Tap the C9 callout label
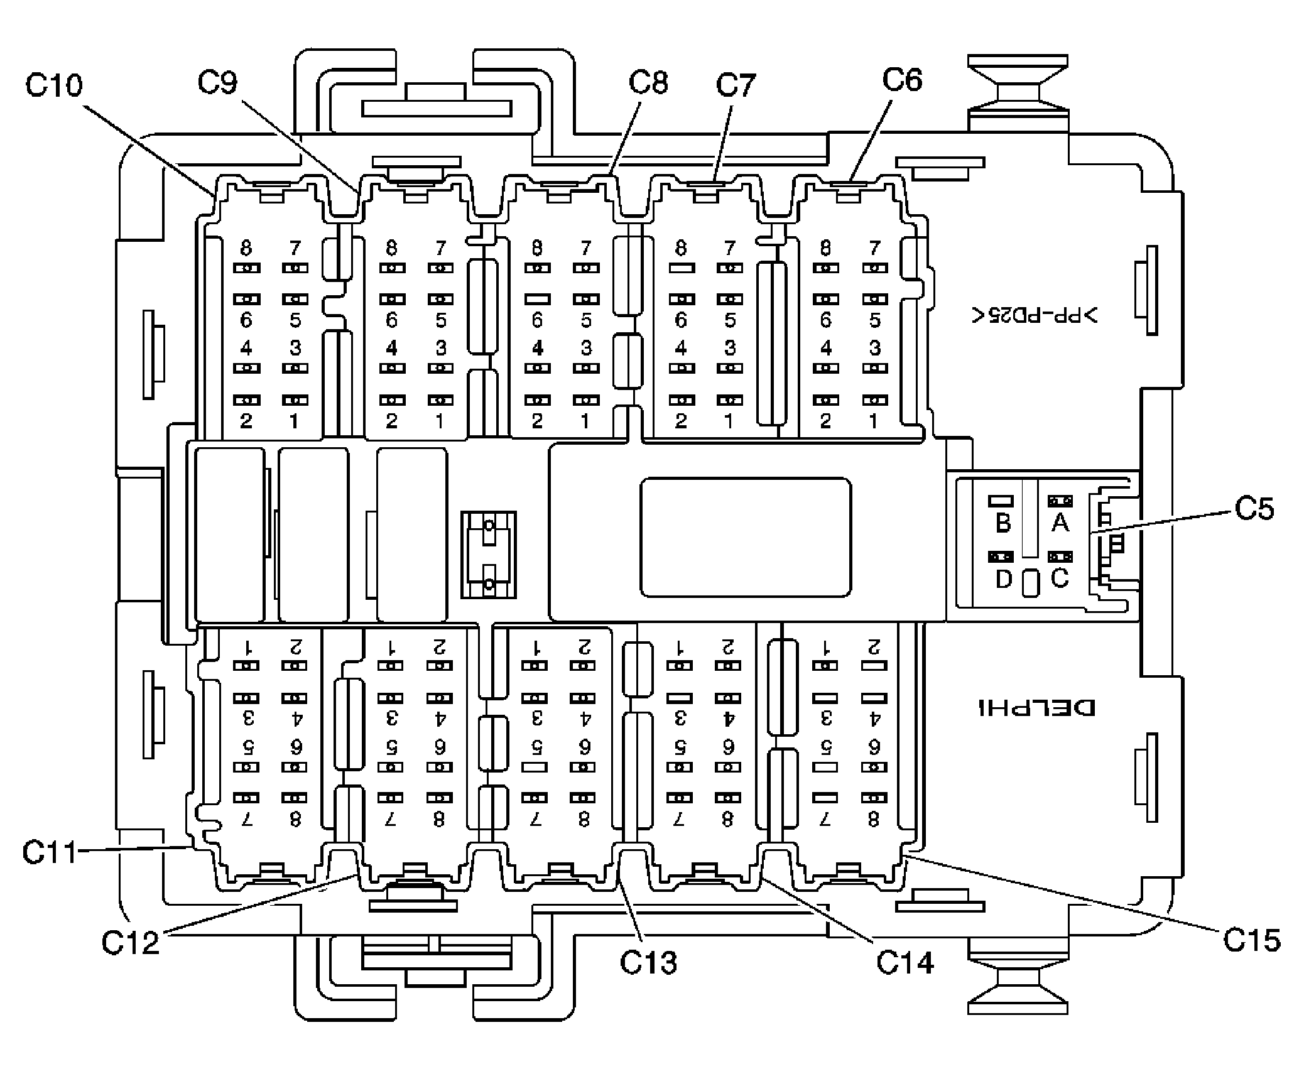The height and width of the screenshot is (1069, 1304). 217,82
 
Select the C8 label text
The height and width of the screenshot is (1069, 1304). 648,82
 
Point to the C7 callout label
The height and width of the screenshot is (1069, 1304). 736,85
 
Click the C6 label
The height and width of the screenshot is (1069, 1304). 902,80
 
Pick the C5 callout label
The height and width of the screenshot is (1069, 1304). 1254,509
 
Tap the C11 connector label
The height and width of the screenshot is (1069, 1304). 49,852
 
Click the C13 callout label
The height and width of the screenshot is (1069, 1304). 648,963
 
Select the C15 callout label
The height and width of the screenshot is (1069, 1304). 1251,940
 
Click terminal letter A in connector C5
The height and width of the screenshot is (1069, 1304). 1060,523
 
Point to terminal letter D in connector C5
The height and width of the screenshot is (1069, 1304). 1004,579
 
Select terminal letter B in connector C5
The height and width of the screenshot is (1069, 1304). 1003,523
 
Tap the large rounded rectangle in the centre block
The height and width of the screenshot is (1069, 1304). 746,537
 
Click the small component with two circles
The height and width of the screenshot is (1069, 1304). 489,555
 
